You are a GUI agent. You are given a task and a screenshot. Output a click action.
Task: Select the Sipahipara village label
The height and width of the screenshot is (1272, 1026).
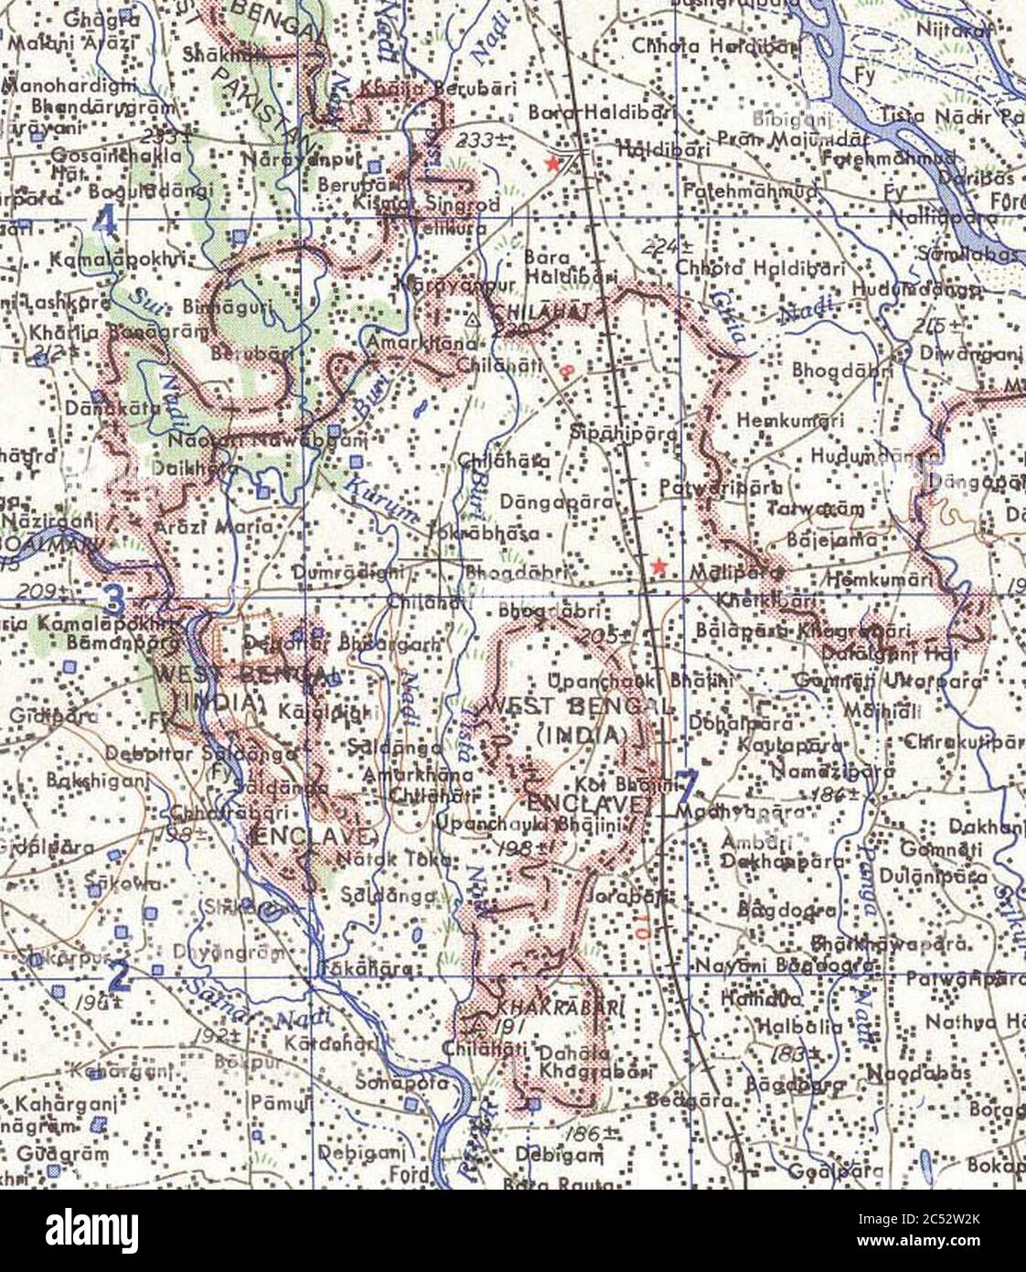click(624, 432)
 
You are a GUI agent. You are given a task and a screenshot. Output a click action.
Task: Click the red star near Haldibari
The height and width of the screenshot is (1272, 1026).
click(552, 163)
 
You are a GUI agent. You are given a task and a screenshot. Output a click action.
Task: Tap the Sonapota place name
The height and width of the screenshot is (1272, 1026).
click(416, 1082)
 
